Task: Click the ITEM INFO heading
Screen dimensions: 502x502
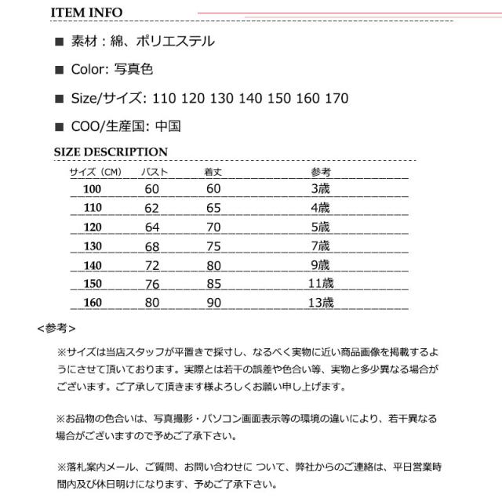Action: tap(85, 12)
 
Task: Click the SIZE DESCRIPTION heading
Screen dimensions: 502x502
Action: tap(110, 152)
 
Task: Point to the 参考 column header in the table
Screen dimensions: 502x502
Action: tap(321, 171)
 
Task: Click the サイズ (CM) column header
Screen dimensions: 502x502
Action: tap(95, 171)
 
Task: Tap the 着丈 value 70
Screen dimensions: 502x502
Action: tap(213, 227)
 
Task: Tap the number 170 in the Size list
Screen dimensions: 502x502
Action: tap(336, 98)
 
